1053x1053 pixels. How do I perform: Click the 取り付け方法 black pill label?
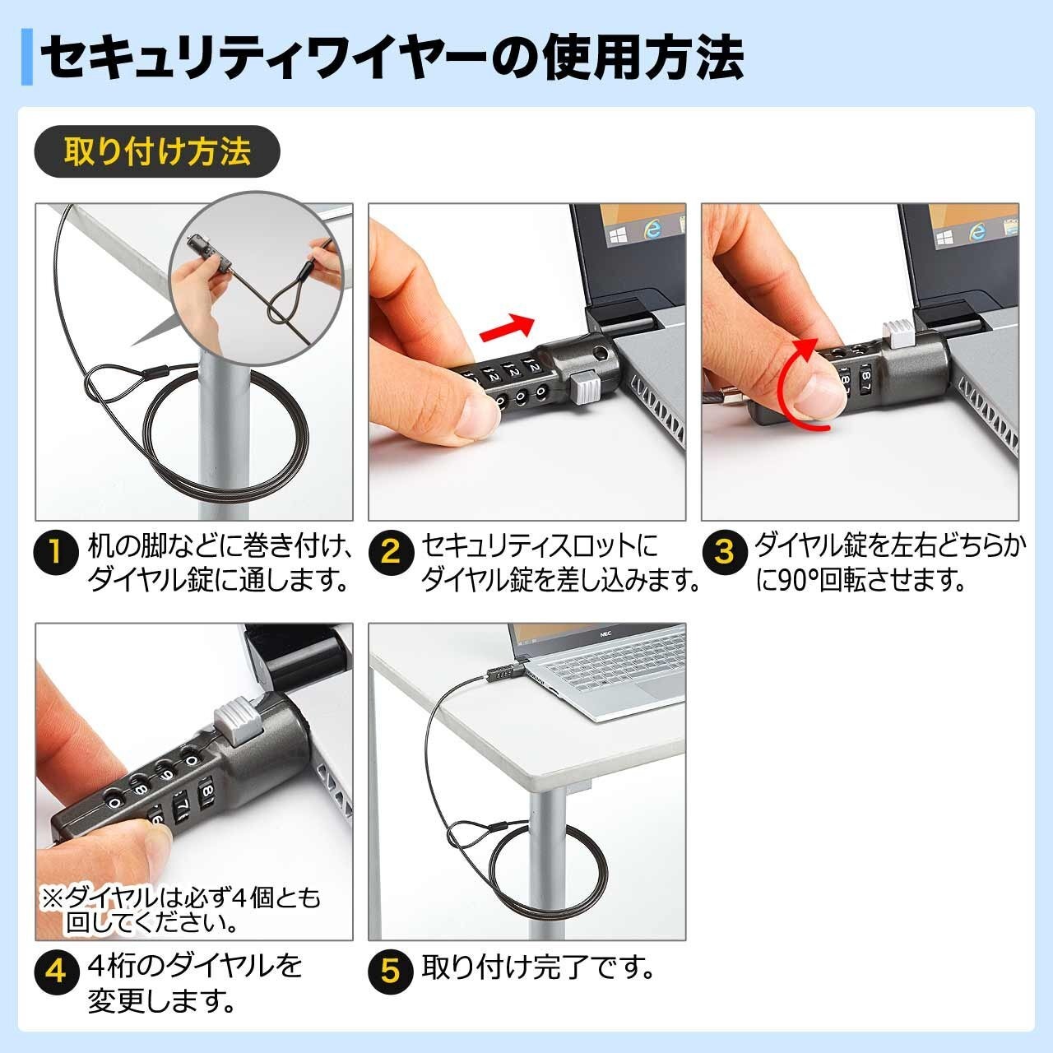157,151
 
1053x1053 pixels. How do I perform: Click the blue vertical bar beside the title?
27,57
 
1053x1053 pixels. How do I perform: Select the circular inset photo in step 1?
257,278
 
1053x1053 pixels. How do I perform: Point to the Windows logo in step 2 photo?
618,237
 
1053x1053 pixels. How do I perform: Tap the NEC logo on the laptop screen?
605,634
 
